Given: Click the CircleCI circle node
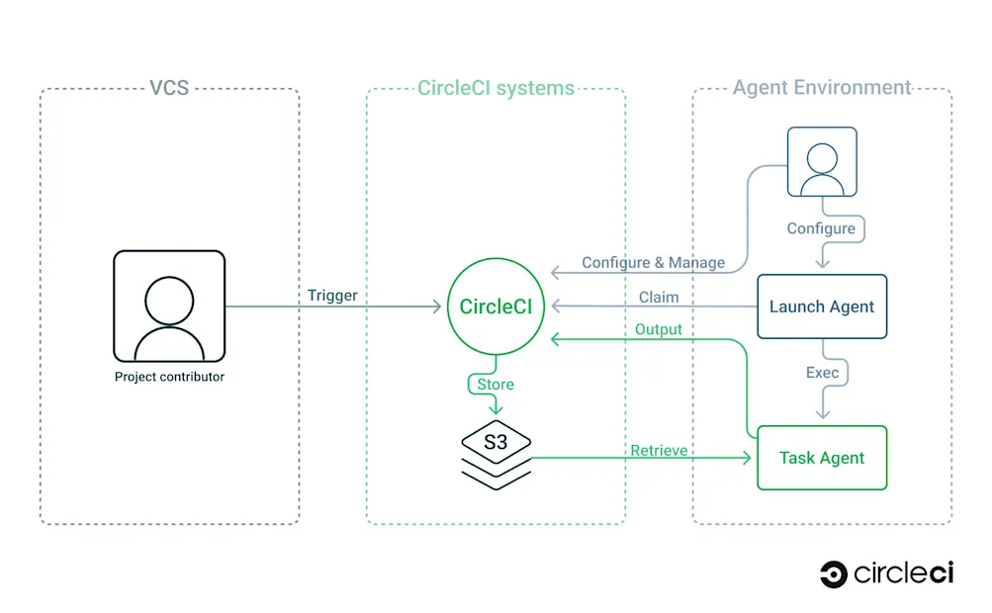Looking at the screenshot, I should (496, 306).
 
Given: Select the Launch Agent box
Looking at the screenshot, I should (822, 306).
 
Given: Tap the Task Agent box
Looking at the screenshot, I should (822, 458).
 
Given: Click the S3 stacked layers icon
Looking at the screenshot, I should (496, 455).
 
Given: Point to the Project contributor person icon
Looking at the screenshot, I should (169, 306).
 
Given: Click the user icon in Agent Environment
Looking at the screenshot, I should (822, 161).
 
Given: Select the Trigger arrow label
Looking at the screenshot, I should (332, 295).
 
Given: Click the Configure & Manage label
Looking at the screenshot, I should (653, 262).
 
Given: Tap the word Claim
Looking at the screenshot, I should (659, 296).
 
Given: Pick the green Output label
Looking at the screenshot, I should (659, 329).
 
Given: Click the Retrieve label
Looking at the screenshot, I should (659, 450).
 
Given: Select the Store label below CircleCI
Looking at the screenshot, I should (496, 384).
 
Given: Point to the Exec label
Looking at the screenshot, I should (822, 372).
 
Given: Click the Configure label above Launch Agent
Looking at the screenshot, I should (821, 228).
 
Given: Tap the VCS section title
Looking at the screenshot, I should (169, 88).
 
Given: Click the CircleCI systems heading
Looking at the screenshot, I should (496, 88).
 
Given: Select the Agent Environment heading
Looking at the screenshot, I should (822, 87).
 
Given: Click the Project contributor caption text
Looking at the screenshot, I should (169, 377).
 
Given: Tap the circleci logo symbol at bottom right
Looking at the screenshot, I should (833, 573).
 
